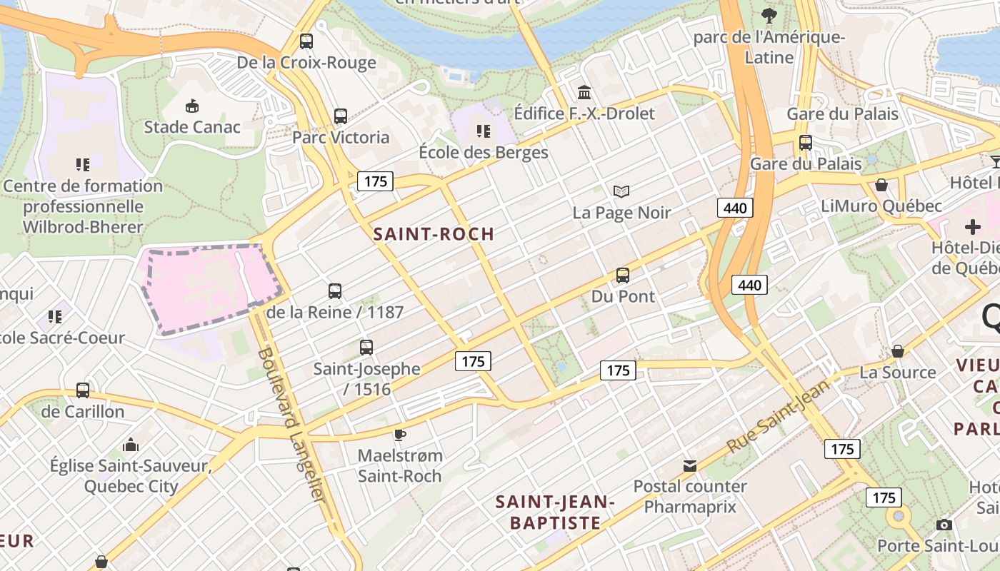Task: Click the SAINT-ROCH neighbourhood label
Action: pos(434,234)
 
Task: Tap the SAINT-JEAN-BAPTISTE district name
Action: pos(555,512)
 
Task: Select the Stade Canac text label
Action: pos(192,127)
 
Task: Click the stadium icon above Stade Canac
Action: pos(192,106)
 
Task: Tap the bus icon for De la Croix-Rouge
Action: pos(306,41)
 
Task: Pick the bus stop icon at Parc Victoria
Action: pos(341,116)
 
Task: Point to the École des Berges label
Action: pos(483,153)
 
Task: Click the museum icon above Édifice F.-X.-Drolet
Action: pos(584,92)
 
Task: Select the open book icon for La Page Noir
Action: pos(621,191)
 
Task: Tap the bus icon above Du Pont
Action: pos(623,276)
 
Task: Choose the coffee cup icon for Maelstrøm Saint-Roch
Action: pos(400,435)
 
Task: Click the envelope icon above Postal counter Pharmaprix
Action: pos(689,466)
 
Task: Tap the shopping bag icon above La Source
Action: pos(898,351)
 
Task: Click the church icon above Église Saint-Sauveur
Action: pos(131,445)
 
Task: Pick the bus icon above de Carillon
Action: pos(83,390)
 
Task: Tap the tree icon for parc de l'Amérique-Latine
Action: pos(769,16)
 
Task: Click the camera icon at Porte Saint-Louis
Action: pos(944,525)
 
